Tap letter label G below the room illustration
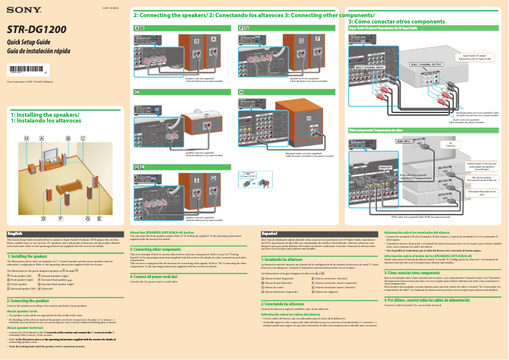[88, 218]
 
